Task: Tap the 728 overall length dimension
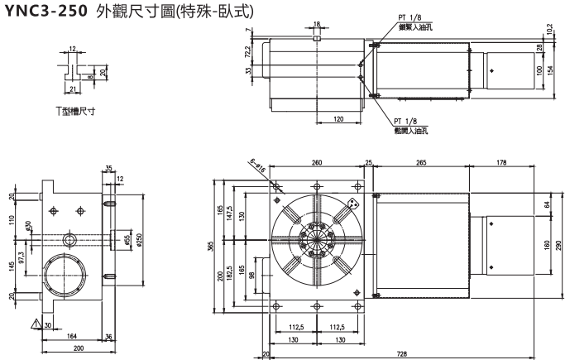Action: pos(402,353)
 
